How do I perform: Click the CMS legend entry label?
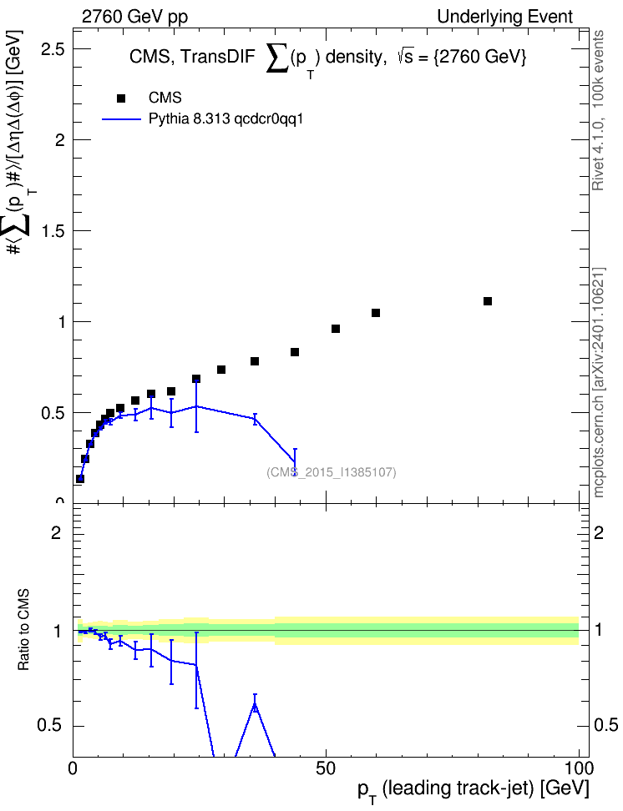pyautogui.click(x=165, y=98)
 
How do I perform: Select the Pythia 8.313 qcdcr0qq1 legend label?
pyautogui.click(x=225, y=119)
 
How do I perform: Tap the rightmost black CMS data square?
pyautogui.click(x=488, y=301)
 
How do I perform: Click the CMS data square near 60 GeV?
pyautogui.click(x=376, y=313)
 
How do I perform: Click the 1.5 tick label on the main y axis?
pyautogui.click(x=53, y=231)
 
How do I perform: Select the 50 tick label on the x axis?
pyautogui.click(x=326, y=768)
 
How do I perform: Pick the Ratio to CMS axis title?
pyautogui.click(x=23, y=629)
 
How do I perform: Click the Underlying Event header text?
pyautogui.click(x=505, y=17)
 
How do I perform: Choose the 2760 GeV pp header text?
pyautogui.click(x=134, y=17)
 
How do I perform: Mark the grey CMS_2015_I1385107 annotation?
pyautogui.click(x=332, y=471)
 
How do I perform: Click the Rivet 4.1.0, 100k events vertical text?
pyautogui.click(x=598, y=110)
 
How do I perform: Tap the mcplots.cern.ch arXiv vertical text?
pyautogui.click(x=598, y=382)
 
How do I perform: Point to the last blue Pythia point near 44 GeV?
pyautogui.click(x=295, y=461)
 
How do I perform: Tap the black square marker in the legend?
pyautogui.click(x=121, y=98)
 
